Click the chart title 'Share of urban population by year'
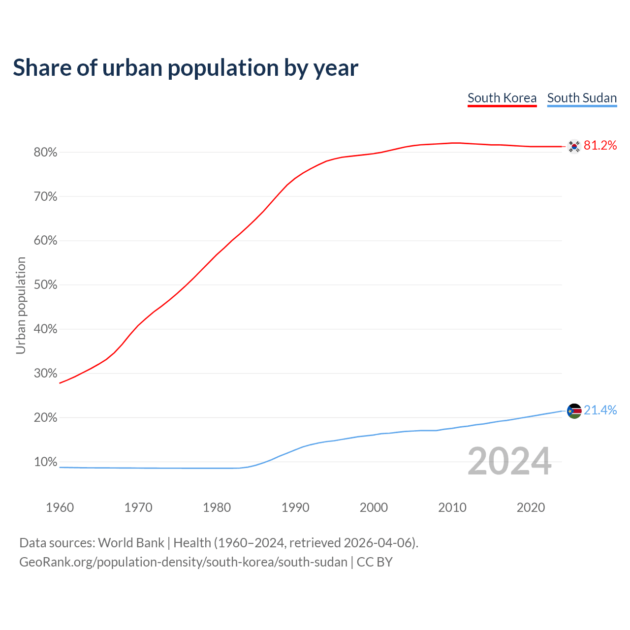[186, 68]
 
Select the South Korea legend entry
[502, 98]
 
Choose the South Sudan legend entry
[582, 98]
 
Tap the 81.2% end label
[600, 145]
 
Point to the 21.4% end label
[600, 410]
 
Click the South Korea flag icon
[574, 146]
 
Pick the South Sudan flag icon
[574, 410]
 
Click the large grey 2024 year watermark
[509, 461]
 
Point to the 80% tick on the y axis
[45, 153]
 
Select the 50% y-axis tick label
[45, 285]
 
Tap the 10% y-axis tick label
[45, 462]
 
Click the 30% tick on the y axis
[45, 374]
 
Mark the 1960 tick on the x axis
[60, 507]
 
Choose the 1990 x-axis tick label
[295, 507]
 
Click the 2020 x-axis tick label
[531, 507]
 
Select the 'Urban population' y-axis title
[21, 305]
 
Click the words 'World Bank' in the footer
[131, 543]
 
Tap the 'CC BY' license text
[375, 562]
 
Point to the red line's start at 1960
[60, 383]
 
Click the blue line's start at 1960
[60, 467]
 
